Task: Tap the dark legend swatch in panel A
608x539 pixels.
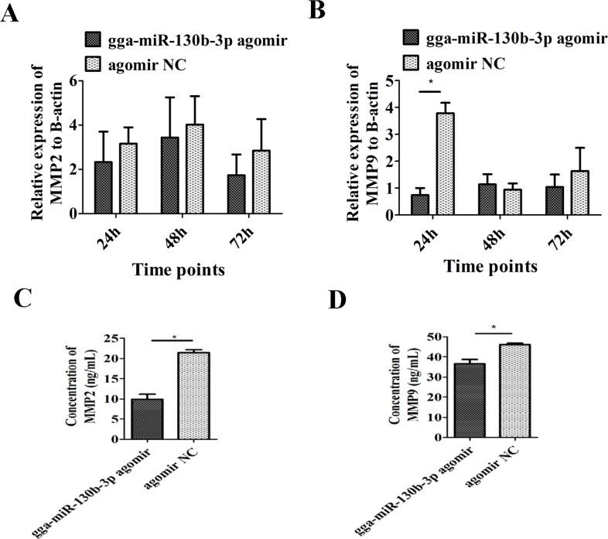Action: click(x=95, y=39)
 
